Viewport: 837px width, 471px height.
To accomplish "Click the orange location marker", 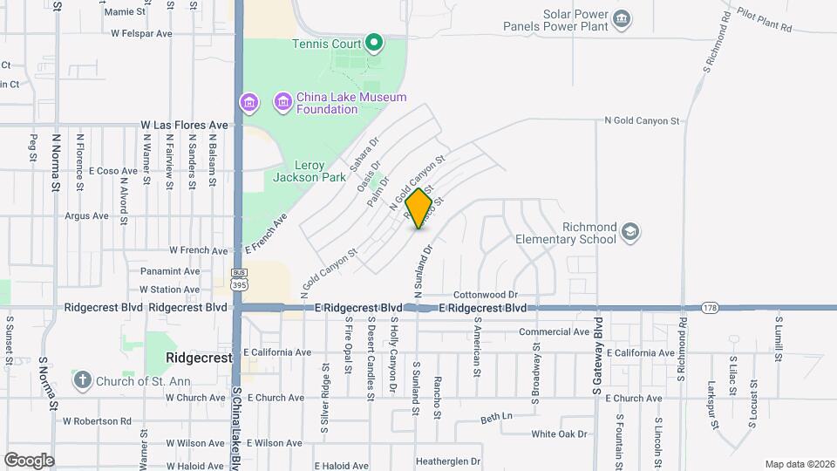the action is pyautogui.click(x=419, y=208).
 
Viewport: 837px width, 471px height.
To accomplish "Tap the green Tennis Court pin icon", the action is pyautogui.click(x=374, y=41).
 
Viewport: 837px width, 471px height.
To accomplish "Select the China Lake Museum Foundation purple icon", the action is pyautogui.click(x=282, y=103).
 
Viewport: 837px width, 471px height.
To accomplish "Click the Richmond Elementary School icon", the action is pyautogui.click(x=631, y=232).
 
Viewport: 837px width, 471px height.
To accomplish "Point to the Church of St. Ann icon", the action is pyautogui.click(x=82, y=379).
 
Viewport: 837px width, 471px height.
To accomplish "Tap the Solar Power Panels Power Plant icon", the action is pyautogui.click(x=621, y=19).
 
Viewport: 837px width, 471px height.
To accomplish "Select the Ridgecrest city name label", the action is pyautogui.click(x=199, y=358).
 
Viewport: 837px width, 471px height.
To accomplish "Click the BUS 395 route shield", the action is pyautogui.click(x=238, y=278).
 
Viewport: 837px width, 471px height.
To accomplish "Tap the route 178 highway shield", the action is pyautogui.click(x=710, y=307).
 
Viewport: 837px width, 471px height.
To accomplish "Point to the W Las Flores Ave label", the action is pyautogui.click(x=184, y=126).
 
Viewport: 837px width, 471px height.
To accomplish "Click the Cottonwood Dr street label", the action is pyautogui.click(x=486, y=295).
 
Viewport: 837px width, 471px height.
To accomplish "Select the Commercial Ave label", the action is pyautogui.click(x=554, y=332).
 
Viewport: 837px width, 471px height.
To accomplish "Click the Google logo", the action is pyautogui.click(x=29, y=460).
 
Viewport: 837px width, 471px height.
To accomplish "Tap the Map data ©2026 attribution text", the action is pyautogui.click(x=798, y=464).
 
